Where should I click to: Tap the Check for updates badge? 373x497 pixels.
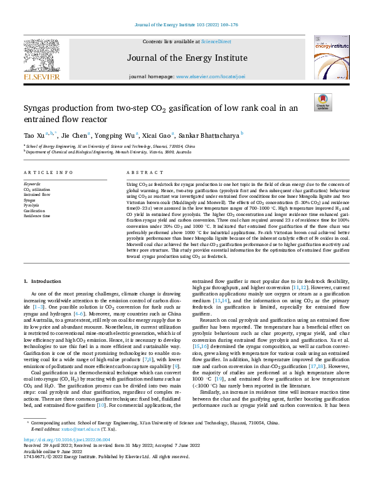pyautogui.click(x=323, y=102)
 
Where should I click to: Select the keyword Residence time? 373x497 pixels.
pyautogui.click(x=38, y=215)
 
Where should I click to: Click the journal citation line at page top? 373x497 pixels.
pyautogui.click(x=186, y=25)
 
